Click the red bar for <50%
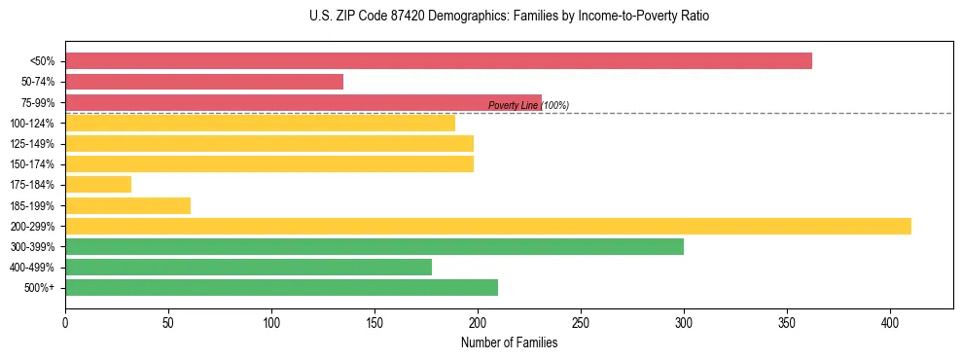tap(438, 61)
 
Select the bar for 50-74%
tap(204, 82)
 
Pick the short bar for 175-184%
tap(98, 185)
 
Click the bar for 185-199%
tap(127, 205)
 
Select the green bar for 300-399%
tap(374, 246)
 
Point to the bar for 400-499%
tap(248, 267)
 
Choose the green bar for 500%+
tap(281, 287)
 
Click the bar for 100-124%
tap(260, 124)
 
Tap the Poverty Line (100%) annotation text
tap(528, 105)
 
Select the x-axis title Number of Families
tap(509, 342)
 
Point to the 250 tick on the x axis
tap(581, 321)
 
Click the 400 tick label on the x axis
tap(890, 321)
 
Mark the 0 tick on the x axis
tap(65, 321)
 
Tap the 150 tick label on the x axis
tap(374, 321)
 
